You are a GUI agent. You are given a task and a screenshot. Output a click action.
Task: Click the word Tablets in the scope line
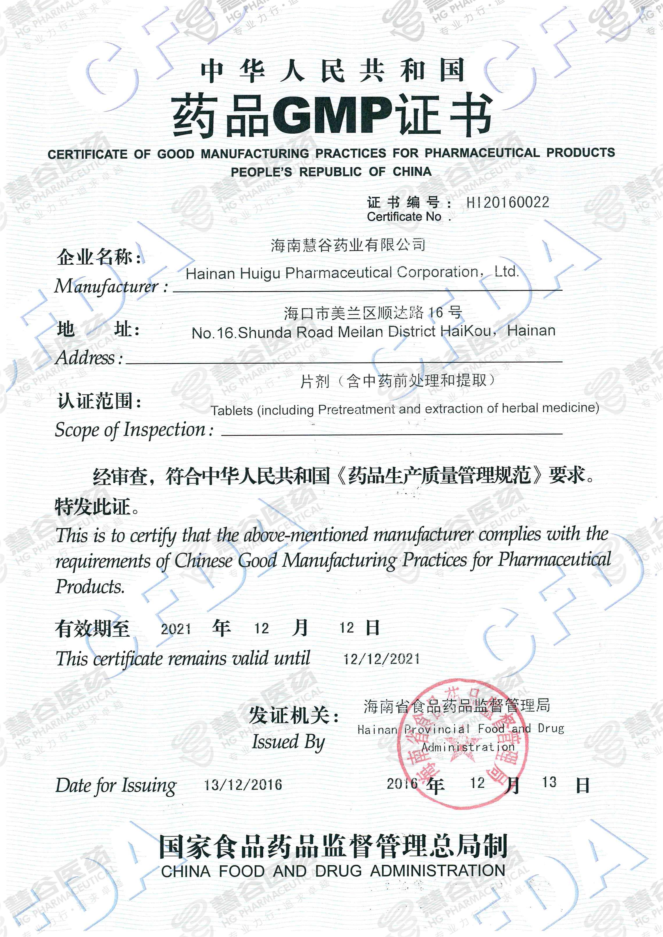click(232, 410)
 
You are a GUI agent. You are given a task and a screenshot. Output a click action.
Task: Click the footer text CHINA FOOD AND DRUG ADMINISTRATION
click(333, 871)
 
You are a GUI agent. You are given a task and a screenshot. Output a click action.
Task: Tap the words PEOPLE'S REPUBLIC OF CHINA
click(331, 172)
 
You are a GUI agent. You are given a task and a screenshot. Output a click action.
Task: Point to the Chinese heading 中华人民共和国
click(332, 71)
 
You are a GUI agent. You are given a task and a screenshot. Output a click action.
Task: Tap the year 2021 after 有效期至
click(176, 629)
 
